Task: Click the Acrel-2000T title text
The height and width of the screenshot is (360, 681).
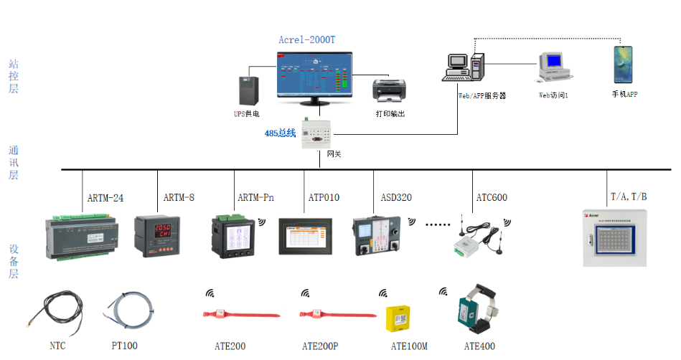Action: pos(306,41)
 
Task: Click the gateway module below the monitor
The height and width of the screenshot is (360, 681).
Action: pos(316,133)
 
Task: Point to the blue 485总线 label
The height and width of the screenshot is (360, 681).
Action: pos(280,133)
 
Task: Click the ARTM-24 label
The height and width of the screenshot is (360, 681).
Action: pos(105,197)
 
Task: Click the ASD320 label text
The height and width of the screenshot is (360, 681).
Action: pos(396,197)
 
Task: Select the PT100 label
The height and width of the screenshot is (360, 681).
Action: pos(124,346)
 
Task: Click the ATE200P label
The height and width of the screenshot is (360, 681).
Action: pos(320,346)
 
